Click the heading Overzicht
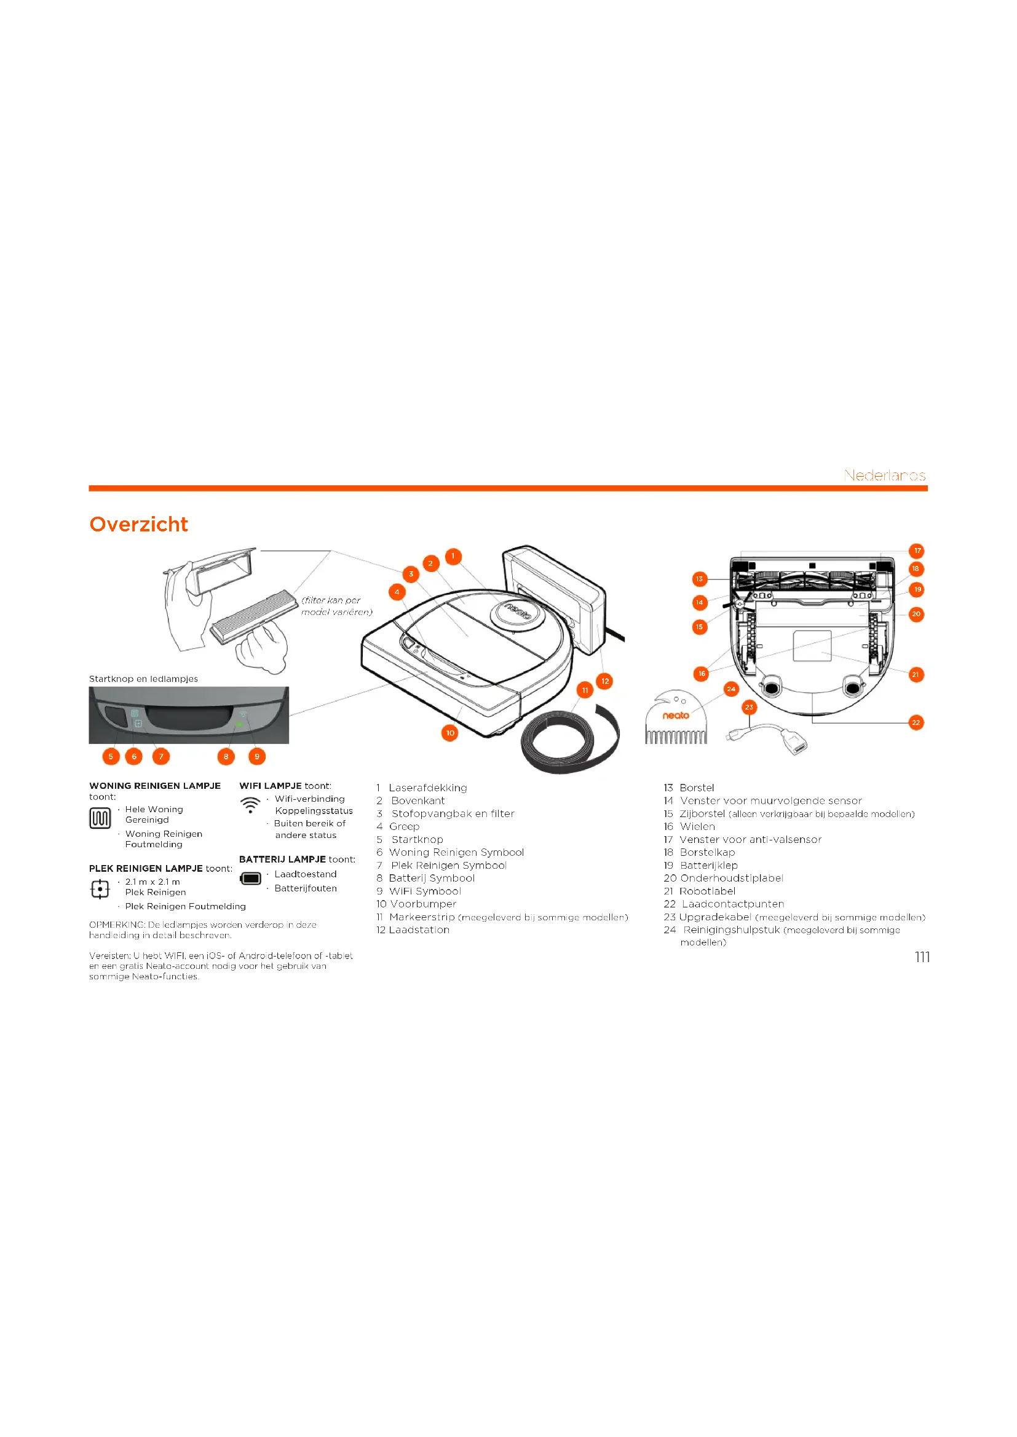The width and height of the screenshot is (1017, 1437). [138, 525]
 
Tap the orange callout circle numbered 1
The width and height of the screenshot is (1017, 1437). [453, 556]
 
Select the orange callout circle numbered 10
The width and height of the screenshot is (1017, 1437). [449, 733]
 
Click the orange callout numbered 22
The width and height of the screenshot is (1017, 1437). [916, 723]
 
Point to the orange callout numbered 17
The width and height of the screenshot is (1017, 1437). [917, 550]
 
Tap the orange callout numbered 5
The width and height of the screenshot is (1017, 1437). [111, 757]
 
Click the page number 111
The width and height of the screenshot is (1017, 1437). [922, 957]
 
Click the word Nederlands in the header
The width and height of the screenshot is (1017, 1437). [884, 476]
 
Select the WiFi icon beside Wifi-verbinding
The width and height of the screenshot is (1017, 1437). [250, 805]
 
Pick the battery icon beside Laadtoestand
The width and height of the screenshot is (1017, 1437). [250, 879]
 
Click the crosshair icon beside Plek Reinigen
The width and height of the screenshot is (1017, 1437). [100, 889]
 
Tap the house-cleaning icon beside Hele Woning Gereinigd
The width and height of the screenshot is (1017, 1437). [100, 818]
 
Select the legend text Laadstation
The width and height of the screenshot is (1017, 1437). [419, 930]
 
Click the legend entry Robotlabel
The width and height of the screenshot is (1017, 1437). [707, 891]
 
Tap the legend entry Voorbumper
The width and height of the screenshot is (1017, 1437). [423, 904]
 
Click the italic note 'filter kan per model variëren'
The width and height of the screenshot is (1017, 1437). [337, 606]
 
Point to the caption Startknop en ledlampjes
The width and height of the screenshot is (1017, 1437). [143, 679]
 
